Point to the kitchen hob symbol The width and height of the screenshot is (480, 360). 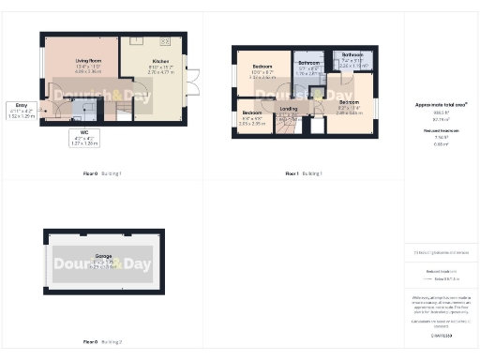point(165,41)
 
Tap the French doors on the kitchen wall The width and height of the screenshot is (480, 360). point(193,82)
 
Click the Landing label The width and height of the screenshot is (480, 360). point(288,110)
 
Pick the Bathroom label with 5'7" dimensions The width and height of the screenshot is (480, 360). point(310,67)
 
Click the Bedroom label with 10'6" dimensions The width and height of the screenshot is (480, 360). point(262,69)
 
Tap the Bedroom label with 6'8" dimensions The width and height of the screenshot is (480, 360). point(252,119)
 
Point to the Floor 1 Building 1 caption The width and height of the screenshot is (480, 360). point(303,173)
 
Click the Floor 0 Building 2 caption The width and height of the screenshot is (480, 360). point(103,342)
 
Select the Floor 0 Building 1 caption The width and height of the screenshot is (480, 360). point(103,173)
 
